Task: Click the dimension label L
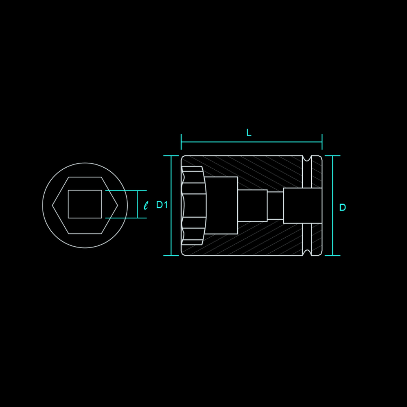click(249, 133)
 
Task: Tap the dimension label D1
click(162, 205)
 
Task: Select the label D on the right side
click(343, 208)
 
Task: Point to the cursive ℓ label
click(146, 205)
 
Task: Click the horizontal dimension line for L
click(252, 142)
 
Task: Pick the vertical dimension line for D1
click(171, 206)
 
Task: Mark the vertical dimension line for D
click(333, 206)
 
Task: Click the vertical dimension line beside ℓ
click(137, 204)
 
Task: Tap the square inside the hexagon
click(85, 204)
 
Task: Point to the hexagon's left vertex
click(53, 206)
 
